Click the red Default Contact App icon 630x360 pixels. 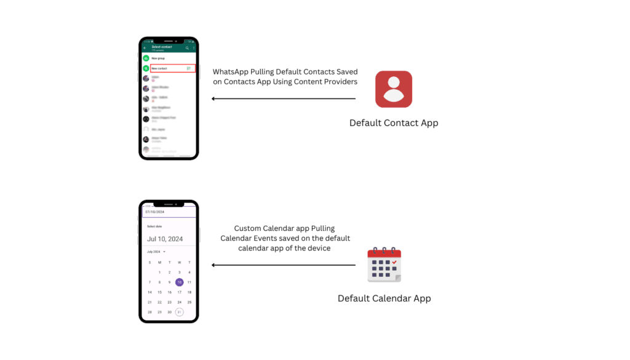coord(394,89)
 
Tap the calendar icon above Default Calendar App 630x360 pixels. coord(384,265)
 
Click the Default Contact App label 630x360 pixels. coord(394,122)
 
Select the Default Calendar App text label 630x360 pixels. coord(384,298)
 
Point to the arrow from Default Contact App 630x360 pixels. coord(284,98)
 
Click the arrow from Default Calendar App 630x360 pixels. coord(284,265)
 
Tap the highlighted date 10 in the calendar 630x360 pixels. coord(179,282)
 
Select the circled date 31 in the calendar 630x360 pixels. coord(179,312)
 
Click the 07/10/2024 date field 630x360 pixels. coord(169,212)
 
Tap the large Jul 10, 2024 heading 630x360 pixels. coord(165,239)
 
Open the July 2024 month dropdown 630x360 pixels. coord(156,252)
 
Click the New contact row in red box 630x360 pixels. coord(173,68)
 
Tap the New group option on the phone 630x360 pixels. coord(158,58)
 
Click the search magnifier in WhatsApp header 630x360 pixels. coord(187,48)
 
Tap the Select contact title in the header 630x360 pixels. coord(161,47)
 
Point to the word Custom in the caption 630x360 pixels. coord(249,228)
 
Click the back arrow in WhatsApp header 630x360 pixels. coord(145,48)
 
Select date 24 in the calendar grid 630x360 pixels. coord(179,302)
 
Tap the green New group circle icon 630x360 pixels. coord(146,58)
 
